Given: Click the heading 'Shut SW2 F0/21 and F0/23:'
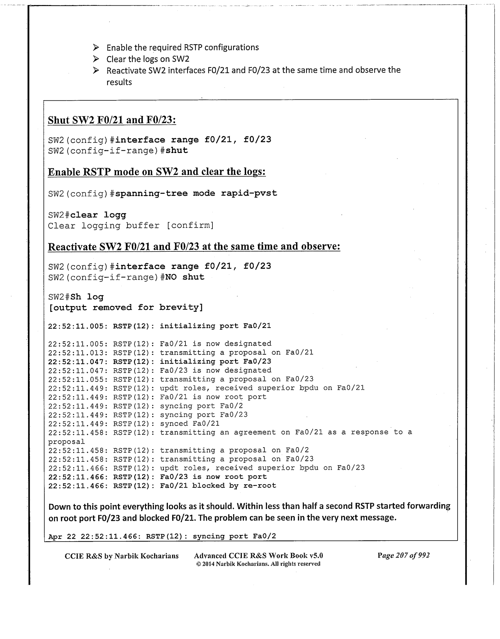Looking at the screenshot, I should coord(112,120).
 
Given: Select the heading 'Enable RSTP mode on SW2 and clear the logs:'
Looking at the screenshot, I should coord(157,172).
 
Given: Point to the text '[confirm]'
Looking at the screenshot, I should coord(190,225).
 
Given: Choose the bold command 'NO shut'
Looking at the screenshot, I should coord(185,277).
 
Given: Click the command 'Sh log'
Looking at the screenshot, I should coord(87,297).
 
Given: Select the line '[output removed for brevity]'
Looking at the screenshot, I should coord(125,307).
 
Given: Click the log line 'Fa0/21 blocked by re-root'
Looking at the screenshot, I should coord(218,486).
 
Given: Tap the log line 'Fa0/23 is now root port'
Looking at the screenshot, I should coord(213,477).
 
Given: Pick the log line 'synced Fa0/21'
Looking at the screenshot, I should coord(189,424).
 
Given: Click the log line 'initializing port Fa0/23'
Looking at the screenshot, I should coord(215,362).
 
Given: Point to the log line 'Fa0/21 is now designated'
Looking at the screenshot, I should coord(215,344).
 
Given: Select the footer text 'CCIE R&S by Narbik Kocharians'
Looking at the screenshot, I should coord(121,556).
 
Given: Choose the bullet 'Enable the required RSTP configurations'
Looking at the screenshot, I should coord(182,48).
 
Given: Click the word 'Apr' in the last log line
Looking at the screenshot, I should coord(55,536).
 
